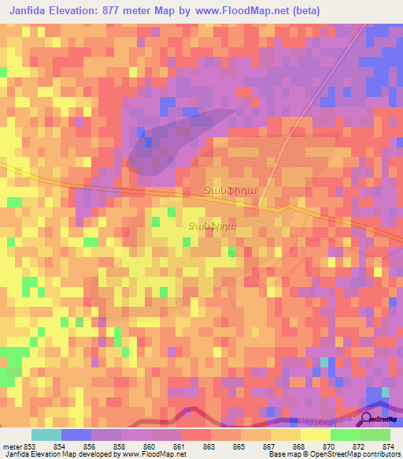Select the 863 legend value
pos(209,446)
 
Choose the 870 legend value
pos(329,446)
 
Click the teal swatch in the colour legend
pos(46,435)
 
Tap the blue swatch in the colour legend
pos(76,435)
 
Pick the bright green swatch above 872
pos(345,435)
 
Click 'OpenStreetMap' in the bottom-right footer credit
pos(333,454)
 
